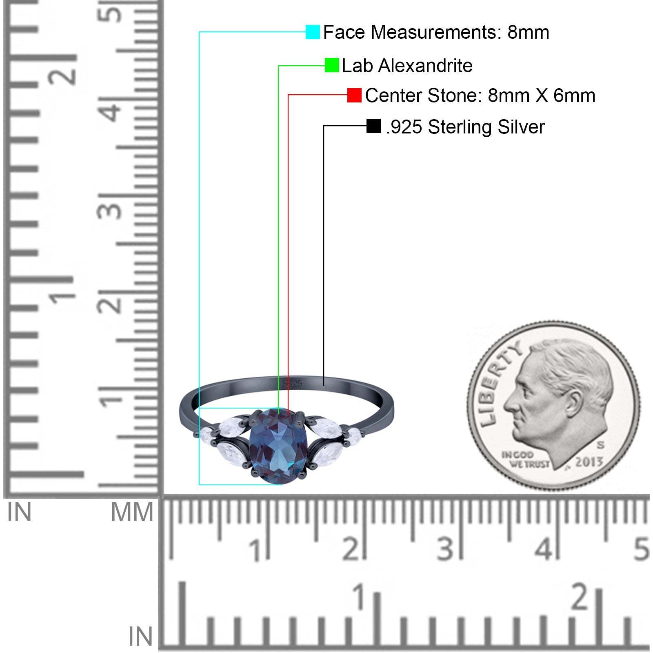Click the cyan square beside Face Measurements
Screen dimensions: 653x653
pyautogui.click(x=313, y=32)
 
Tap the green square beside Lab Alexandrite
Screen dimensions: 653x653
pyautogui.click(x=332, y=65)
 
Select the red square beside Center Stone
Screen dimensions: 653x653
pyautogui.click(x=354, y=96)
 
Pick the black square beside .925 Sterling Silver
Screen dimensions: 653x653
pyautogui.click(x=373, y=126)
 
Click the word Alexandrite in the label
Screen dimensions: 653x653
pyautogui.click(x=425, y=66)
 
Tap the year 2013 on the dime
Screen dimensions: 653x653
pyautogui.click(x=589, y=462)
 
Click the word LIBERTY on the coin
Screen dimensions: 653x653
pyautogui.click(x=499, y=381)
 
